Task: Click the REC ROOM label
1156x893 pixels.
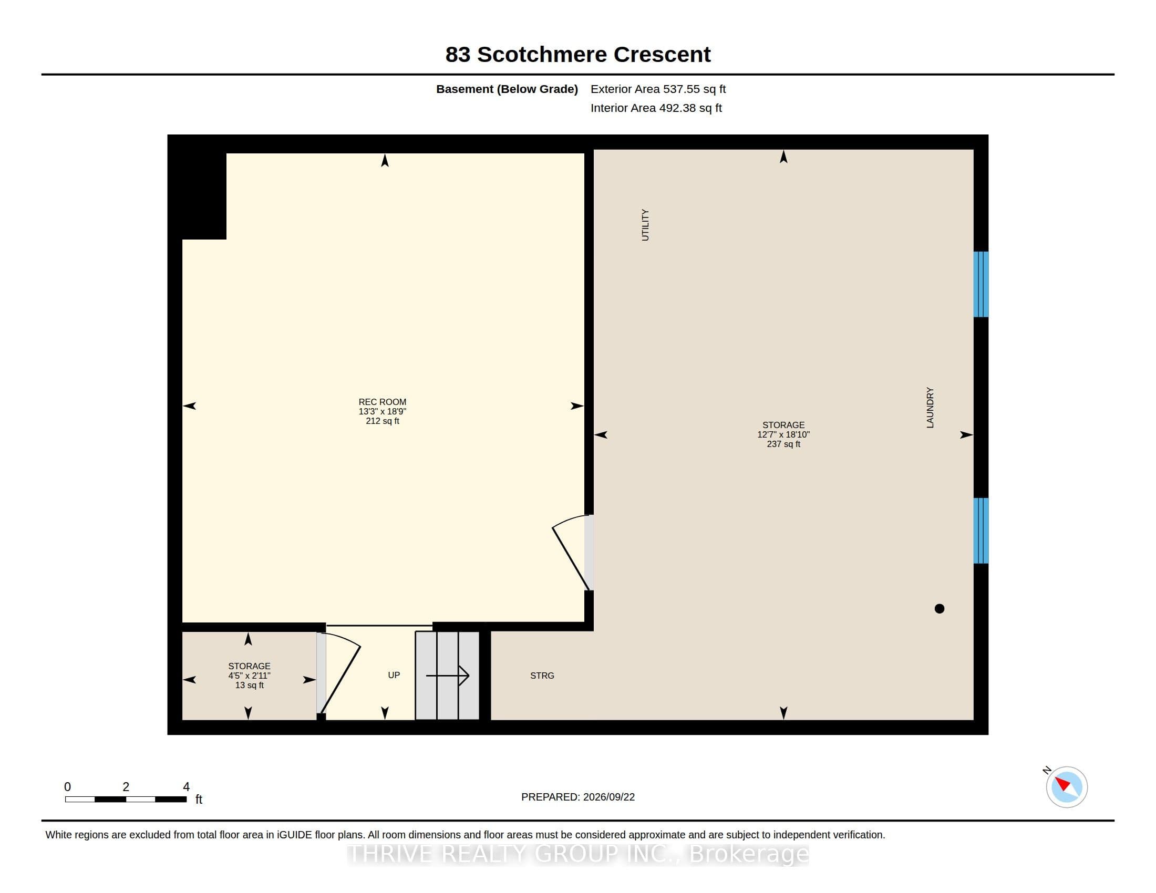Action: pyautogui.click(x=382, y=401)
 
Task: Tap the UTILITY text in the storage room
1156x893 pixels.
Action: pyautogui.click(x=645, y=225)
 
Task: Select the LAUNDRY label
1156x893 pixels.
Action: pyautogui.click(x=930, y=407)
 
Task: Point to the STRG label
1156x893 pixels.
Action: pyautogui.click(x=542, y=676)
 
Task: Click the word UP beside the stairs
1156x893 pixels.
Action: pyautogui.click(x=394, y=675)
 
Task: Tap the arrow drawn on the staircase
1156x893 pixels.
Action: pyautogui.click(x=448, y=676)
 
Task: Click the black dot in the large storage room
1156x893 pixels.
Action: pyautogui.click(x=940, y=608)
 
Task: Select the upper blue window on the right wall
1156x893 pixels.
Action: pyautogui.click(x=981, y=284)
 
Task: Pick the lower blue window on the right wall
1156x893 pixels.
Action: pyautogui.click(x=981, y=531)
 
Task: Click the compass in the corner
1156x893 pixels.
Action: pyautogui.click(x=1067, y=787)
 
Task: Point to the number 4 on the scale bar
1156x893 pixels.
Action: pyautogui.click(x=187, y=787)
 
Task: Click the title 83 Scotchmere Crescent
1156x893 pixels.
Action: pyautogui.click(x=578, y=55)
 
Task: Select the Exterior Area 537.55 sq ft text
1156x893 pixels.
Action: pyautogui.click(x=658, y=89)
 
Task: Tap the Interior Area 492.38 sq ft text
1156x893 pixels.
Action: pyautogui.click(x=656, y=108)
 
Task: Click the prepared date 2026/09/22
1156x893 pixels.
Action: pyautogui.click(x=608, y=797)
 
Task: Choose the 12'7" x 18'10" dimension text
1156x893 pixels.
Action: pyautogui.click(x=783, y=434)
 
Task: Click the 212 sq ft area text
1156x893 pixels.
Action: pyautogui.click(x=382, y=421)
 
